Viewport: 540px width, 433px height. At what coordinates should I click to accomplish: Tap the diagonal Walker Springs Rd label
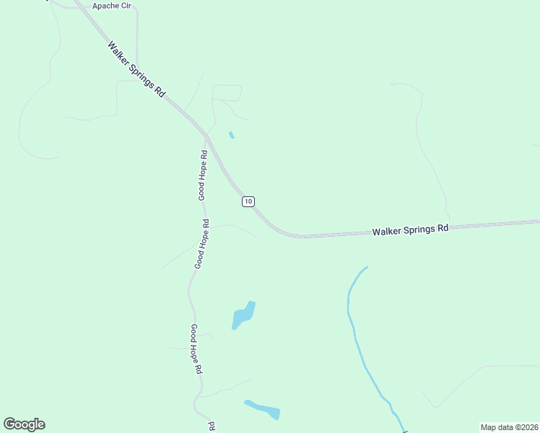click(x=137, y=69)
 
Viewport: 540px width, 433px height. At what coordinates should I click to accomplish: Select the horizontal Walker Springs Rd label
click(x=410, y=229)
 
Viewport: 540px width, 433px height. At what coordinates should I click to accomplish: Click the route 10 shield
click(x=248, y=201)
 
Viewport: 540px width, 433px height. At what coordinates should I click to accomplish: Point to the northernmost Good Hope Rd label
click(x=204, y=175)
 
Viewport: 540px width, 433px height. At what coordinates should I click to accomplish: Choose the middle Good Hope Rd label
click(x=201, y=244)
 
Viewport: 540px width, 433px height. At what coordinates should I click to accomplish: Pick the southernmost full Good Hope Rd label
click(x=196, y=349)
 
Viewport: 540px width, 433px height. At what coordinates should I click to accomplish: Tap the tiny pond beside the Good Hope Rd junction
click(x=231, y=134)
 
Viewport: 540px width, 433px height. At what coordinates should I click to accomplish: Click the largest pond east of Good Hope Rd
click(x=243, y=315)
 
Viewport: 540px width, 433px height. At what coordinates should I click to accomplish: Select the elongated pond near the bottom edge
click(x=263, y=409)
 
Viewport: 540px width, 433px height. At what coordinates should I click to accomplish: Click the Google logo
click(x=24, y=424)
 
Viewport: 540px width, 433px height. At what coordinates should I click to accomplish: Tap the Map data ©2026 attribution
click(x=509, y=427)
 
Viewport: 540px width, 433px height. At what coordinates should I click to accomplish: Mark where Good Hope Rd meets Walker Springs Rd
click(x=206, y=135)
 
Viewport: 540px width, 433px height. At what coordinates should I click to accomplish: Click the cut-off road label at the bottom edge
click(x=212, y=427)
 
